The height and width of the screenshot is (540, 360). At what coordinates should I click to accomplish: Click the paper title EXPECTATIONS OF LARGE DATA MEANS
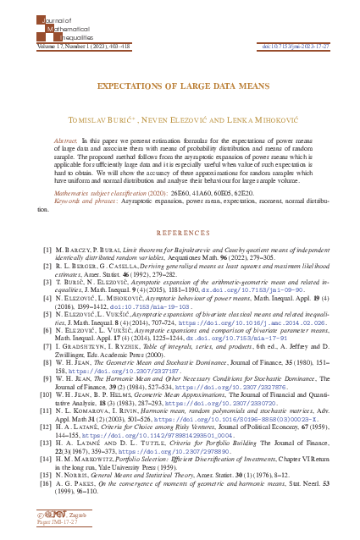point(180,85)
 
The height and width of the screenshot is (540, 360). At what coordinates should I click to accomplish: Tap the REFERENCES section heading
point(180,231)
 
